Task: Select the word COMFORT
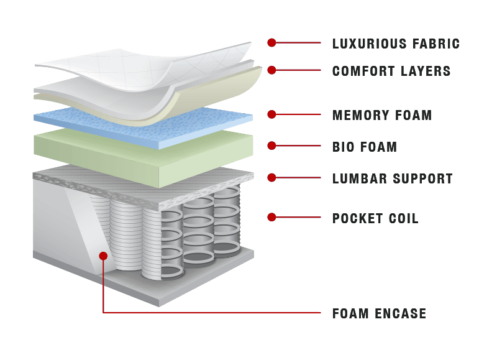(363, 71)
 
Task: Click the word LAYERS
(426, 71)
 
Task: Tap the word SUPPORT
(423, 178)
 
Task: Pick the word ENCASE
(401, 313)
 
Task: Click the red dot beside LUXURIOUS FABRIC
(271, 42)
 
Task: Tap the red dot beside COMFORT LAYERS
(271, 70)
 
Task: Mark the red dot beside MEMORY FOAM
(271, 114)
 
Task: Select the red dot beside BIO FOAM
(271, 145)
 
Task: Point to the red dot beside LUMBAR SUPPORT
(271, 178)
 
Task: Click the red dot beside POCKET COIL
(271, 217)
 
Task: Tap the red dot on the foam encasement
(103, 256)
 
